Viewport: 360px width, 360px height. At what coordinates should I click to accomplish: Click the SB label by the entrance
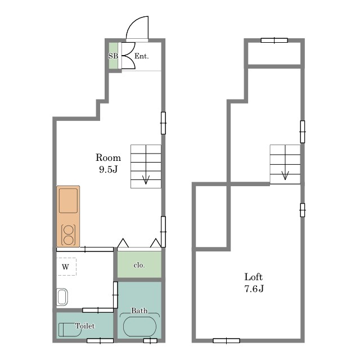pos(113,56)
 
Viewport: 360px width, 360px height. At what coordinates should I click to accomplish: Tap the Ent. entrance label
pos(141,56)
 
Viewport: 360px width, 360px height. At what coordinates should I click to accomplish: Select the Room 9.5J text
pos(108,163)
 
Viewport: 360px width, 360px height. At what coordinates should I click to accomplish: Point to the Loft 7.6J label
pos(254,282)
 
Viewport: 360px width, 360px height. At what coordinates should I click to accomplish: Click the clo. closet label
pos(139,265)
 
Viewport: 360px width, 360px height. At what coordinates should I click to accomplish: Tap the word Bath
pos(139,310)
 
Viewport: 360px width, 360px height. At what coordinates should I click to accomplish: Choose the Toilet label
pos(85,326)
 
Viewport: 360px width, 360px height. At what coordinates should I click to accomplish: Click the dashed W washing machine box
pos(66,267)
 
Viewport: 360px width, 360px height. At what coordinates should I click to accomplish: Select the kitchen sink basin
pos(68,201)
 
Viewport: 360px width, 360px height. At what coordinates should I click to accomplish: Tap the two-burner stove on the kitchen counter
pos(68,235)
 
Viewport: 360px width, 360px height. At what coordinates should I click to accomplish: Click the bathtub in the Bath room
pos(139,326)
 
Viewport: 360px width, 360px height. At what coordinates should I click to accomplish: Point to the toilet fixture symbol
pos(69,330)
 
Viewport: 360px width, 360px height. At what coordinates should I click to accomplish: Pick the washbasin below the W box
pos(62,297)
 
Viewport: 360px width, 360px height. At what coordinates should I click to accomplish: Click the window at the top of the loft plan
pos(274,40)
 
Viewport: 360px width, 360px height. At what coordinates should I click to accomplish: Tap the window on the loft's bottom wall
pos(226,341)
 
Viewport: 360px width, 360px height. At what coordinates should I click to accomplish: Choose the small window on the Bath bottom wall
pos(150,341)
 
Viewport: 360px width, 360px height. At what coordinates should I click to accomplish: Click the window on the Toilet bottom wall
pos(100,341)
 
